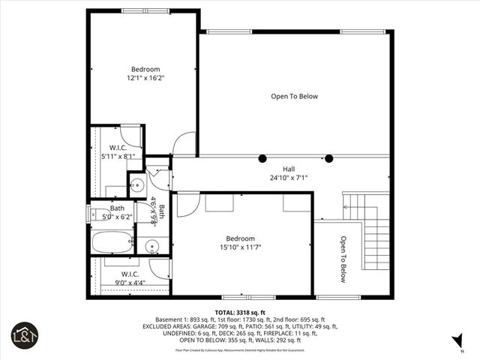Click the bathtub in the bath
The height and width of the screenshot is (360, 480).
tap(112, 242)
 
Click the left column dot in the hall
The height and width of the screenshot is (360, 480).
tap(262, 158)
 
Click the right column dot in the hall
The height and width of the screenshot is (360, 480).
tap(328, 158)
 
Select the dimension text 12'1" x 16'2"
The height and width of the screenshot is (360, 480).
tap(145, 77)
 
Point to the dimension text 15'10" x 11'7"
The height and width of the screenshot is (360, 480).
tap(240, 247)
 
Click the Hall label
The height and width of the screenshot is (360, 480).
tap(289, 169)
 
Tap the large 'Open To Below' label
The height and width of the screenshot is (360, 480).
tap(294, 96)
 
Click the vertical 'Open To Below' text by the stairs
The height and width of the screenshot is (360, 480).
tap(343, 259)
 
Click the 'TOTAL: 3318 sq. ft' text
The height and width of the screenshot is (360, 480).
tap(240, 311)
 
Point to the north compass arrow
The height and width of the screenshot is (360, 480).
tap(457, 342)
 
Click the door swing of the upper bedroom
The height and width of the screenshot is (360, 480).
tap(184, 144)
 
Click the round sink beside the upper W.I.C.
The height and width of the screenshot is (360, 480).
tap(137, 184)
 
